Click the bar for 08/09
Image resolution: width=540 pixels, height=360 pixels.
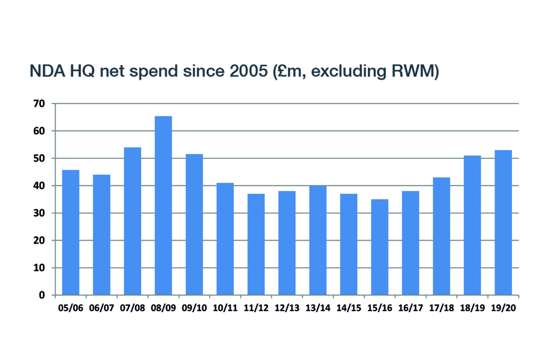point(163,205)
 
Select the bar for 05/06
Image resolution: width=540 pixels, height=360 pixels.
point(70,232)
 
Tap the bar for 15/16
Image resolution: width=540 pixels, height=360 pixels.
point(380,247)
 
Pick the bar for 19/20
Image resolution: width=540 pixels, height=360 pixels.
point(503,222)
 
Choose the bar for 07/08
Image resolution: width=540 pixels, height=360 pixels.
point(132,221)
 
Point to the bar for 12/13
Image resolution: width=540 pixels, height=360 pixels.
point(287,243)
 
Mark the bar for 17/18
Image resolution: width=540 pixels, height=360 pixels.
point(442,236)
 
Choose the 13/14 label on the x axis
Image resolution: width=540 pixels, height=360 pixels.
point(318,309)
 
